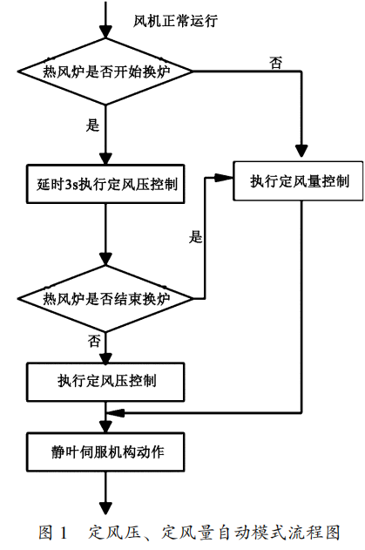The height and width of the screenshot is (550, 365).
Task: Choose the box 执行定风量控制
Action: pos(301,181)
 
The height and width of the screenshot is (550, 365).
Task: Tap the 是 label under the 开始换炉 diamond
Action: pos(92,125)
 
